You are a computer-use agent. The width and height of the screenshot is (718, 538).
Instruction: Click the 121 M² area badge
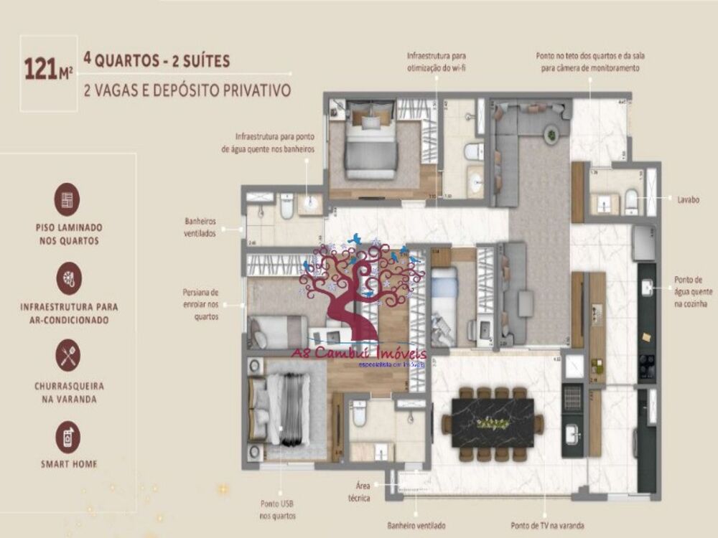pos(49,70)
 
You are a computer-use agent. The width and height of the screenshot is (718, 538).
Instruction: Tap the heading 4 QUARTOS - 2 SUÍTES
pos(157,60)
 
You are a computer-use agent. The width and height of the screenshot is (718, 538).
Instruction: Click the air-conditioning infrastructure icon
pos(69,278)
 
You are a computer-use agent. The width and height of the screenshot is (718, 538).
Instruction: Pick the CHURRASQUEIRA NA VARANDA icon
pos(69,356)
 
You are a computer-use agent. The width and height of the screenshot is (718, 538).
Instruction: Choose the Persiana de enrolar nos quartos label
pos(200,304)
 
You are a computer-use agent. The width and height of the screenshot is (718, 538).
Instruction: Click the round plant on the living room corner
pos(551,133)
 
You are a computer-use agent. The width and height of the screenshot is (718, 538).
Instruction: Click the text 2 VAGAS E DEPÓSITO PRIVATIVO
pos(187,91)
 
